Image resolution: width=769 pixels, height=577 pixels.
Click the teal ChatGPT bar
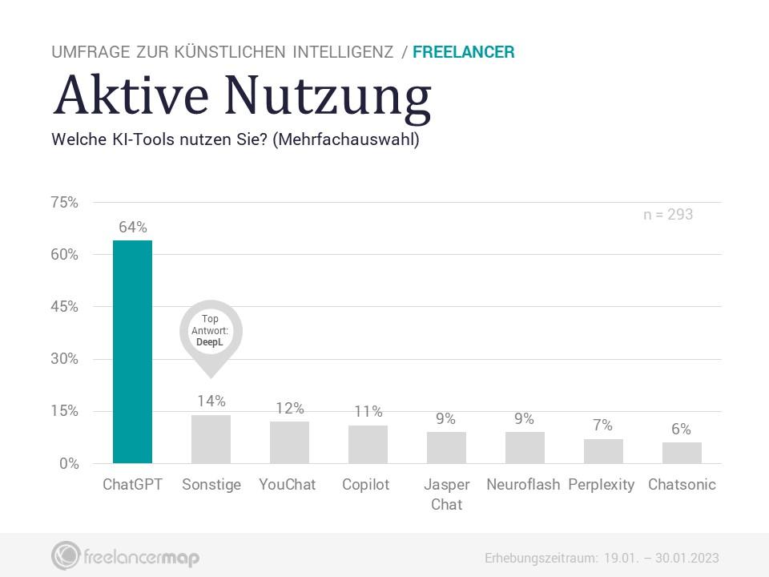[x=132, y=352]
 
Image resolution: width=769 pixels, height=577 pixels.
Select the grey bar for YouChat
[x=289, y=442]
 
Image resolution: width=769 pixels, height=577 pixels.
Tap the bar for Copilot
[x=368, y=444]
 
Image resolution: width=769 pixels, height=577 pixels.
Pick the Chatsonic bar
[x=682, y=453]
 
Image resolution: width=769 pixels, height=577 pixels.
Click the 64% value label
[x=133, y=227]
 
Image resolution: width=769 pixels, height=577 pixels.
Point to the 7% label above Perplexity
[x=602, y=425]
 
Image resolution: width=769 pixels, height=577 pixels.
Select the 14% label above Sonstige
[x=211, y=401]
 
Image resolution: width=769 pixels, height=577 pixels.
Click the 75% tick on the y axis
[x=64, y=202]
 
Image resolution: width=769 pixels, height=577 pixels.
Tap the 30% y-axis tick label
[x=64, y=359]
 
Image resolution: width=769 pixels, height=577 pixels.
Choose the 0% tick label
[x=69, y=464]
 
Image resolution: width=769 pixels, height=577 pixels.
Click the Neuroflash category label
[x=523, y=485]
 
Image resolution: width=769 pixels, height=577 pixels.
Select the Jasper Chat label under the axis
[x=447, y=494]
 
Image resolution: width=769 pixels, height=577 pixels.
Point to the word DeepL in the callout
[x=209, y=342]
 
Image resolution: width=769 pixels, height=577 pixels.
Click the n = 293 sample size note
[x=668, y=215]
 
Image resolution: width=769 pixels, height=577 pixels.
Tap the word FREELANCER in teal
[x=464, y=52]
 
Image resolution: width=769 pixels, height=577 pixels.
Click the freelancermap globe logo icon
[x=65, y=556]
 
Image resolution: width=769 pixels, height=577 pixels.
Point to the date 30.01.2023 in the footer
[x=687, y=559]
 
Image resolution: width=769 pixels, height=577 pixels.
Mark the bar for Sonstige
[x=211, y=439]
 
